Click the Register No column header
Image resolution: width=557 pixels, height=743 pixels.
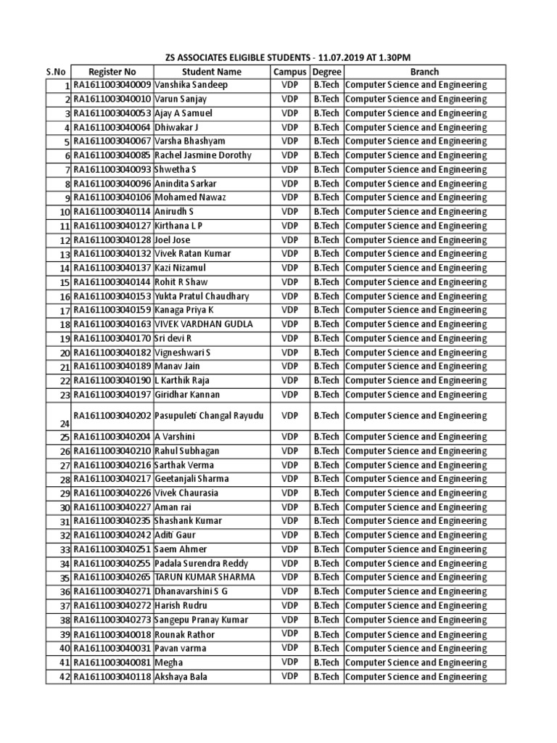[x=112, y=72]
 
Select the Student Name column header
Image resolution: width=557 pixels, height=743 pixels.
[x=211, y=72]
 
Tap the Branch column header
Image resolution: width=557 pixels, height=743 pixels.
[x=424, y=72]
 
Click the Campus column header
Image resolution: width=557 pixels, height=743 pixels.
[x=290, y=72]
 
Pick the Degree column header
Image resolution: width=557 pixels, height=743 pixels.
[x=326, y=72]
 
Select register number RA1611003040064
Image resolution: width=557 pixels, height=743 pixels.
[x=112, y=127]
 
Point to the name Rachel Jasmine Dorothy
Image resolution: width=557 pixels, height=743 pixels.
[x=203, y=155]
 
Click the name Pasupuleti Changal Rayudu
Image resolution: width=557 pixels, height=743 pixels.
[x=209, y=416]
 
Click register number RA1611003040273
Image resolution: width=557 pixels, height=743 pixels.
[x=112, y=620]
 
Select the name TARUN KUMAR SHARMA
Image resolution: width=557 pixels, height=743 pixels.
[x=205, y=578]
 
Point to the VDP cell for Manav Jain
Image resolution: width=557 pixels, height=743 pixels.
[x=290, y=366]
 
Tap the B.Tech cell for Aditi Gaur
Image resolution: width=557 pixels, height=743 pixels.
[x=326, y=535]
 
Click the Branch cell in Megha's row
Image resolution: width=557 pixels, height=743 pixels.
[x=416, y=662]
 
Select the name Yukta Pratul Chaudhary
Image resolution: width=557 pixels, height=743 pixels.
[x=202, y=296]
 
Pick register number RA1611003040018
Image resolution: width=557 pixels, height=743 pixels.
[x=112, y=634]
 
